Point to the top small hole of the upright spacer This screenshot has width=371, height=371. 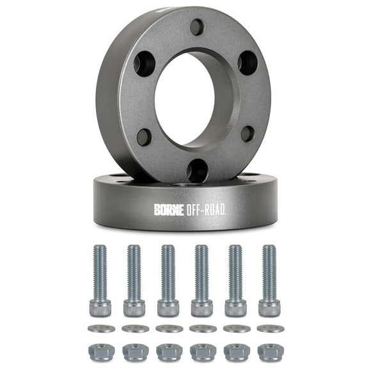coord(197,27)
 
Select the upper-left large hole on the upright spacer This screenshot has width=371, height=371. coord(143,63)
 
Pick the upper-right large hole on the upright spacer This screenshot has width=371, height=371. coord(248,62)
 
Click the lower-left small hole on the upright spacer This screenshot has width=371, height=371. coord(145,136)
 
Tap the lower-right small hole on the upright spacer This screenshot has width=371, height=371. coord(248,134)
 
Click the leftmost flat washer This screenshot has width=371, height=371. coord(101,329)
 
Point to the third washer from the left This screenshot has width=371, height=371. coord(169,329)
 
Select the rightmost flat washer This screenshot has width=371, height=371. coord(270,329)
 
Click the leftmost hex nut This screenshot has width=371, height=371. coord(101,352)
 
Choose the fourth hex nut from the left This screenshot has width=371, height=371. coord(203,352)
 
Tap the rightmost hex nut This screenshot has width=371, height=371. coord(270,352)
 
